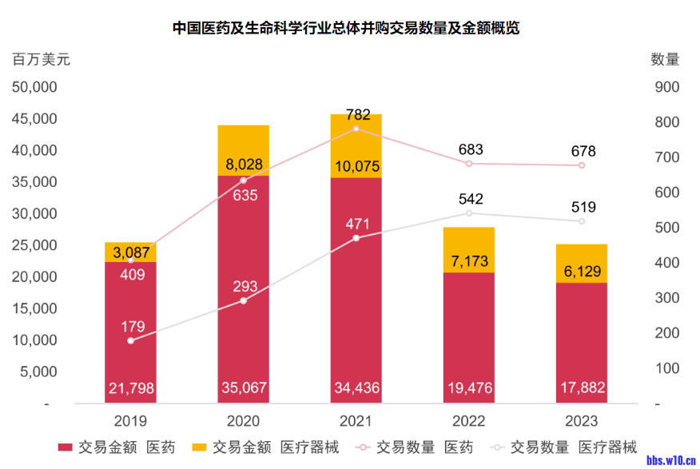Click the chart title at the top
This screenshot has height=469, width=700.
tap(346, 28)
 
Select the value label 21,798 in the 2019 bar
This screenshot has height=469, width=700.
tap(130, 389)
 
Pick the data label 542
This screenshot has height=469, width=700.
tap(469, 199)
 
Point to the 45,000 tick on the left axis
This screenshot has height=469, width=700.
tap(34, 119)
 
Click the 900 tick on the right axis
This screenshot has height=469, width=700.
tap(666, 87)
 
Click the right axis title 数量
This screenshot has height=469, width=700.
tap(665, 59)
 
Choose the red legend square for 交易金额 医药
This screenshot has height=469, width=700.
tap(66, 447)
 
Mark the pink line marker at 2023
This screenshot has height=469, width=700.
tap(582, 165)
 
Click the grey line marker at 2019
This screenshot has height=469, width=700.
tap(130, 341)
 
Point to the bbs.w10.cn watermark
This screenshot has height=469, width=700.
tap(669, 459)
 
